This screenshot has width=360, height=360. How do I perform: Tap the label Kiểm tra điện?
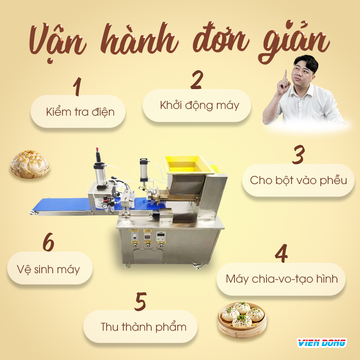(80, 112)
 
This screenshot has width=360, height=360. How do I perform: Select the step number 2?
(197, 80)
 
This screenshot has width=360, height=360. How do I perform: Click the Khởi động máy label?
(199, 105)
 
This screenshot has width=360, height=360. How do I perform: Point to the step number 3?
(298, 155)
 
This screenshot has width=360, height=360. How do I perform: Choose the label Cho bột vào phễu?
(298, 180)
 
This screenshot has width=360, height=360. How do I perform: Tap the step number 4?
(281, 254)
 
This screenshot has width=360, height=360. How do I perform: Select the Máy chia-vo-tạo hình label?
(282, 279)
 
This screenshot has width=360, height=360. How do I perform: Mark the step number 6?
(48, 243)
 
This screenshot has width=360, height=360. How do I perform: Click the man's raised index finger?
(284, 74)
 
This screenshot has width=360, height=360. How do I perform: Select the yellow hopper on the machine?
(184, 163)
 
